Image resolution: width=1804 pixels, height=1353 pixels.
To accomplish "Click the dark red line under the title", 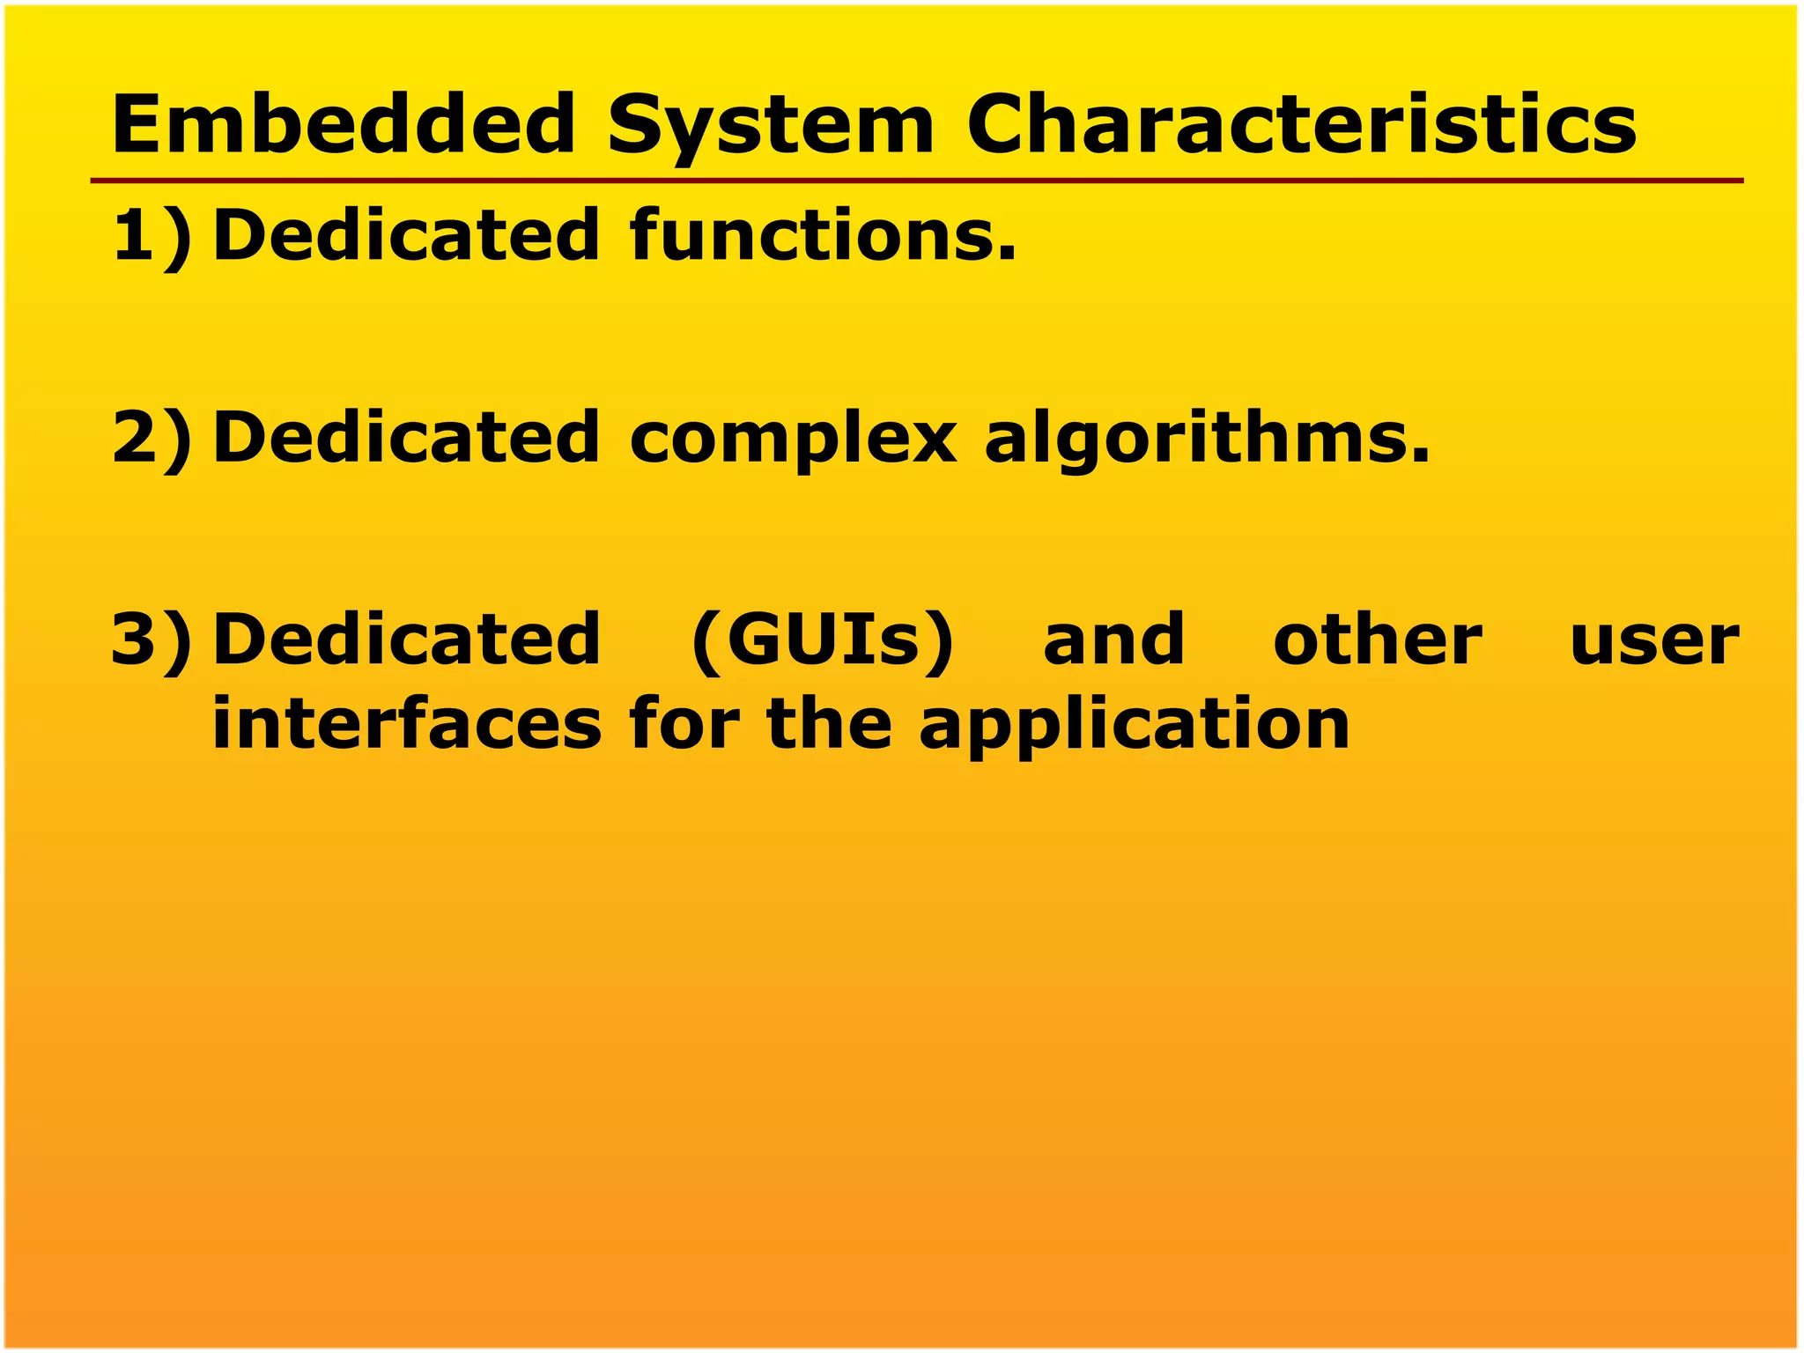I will point(916,181).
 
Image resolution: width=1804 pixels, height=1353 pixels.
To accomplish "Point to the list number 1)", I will point(151,236).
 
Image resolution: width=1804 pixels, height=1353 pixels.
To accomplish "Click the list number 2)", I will point(151,437).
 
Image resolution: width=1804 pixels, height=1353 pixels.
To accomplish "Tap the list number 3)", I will point(151,640).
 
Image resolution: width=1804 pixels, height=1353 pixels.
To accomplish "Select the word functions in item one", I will point(823,236).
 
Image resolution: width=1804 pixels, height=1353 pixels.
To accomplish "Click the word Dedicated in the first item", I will point(407,236).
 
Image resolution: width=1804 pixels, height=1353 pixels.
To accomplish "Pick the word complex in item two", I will point(792,439).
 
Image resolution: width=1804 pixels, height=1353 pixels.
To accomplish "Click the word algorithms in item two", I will point(1206,439).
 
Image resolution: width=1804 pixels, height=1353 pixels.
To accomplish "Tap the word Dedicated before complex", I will point(407,437).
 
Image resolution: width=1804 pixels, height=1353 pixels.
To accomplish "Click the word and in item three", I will point(1113,640).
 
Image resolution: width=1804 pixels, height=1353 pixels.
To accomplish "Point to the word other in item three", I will point(1378,640).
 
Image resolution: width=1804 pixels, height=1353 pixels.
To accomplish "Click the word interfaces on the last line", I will point(407,724).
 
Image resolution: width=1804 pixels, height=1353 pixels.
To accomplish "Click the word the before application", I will point(829,724).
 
